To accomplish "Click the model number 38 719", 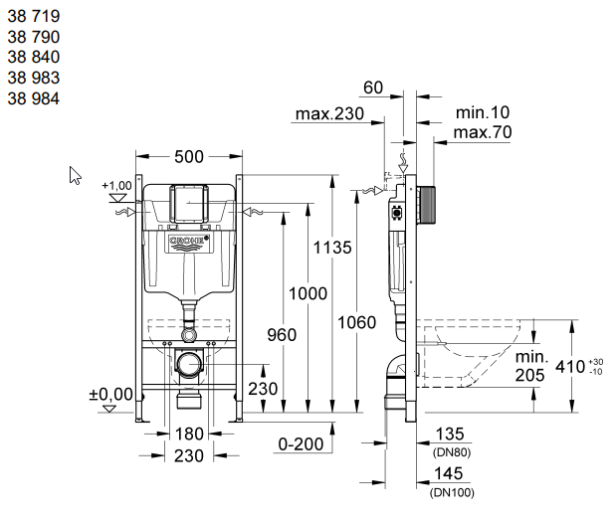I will point(34,17).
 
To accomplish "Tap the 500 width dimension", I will point(188,156).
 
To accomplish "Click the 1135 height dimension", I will point(331,248).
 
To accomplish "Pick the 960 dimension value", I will point(282,335).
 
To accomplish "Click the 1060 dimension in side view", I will point(357,322).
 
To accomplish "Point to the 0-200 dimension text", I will point(300,443).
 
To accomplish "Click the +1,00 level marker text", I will point(116,185).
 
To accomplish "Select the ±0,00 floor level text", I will point(110,395).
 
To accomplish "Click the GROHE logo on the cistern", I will point(188,241).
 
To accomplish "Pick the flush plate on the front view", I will point(188,203).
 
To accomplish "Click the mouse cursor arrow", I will point(75,175).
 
